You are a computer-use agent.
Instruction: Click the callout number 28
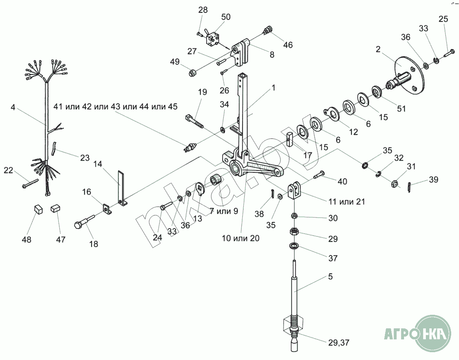point(203,10)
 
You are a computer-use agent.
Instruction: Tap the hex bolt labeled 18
point(85,222)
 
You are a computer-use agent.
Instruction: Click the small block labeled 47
point(55,208)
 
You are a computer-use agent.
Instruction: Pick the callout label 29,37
point(338,342)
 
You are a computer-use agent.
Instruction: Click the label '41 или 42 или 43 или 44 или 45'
point(115,106)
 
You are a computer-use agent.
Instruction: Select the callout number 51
point(401,108)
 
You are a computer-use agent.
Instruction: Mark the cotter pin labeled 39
point(409,187)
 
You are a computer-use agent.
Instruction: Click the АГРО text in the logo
point(400,333)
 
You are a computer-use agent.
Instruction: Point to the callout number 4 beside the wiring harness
point(12,107)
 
